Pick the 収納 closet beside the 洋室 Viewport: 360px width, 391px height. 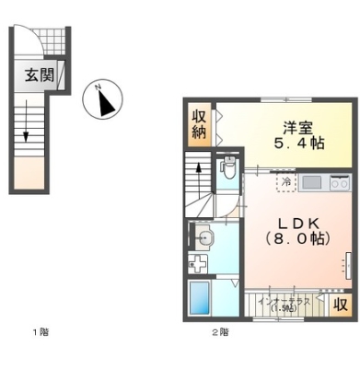pos(200,124)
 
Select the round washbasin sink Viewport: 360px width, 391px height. pos(205,238)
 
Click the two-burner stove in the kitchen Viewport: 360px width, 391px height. pos(338,181)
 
